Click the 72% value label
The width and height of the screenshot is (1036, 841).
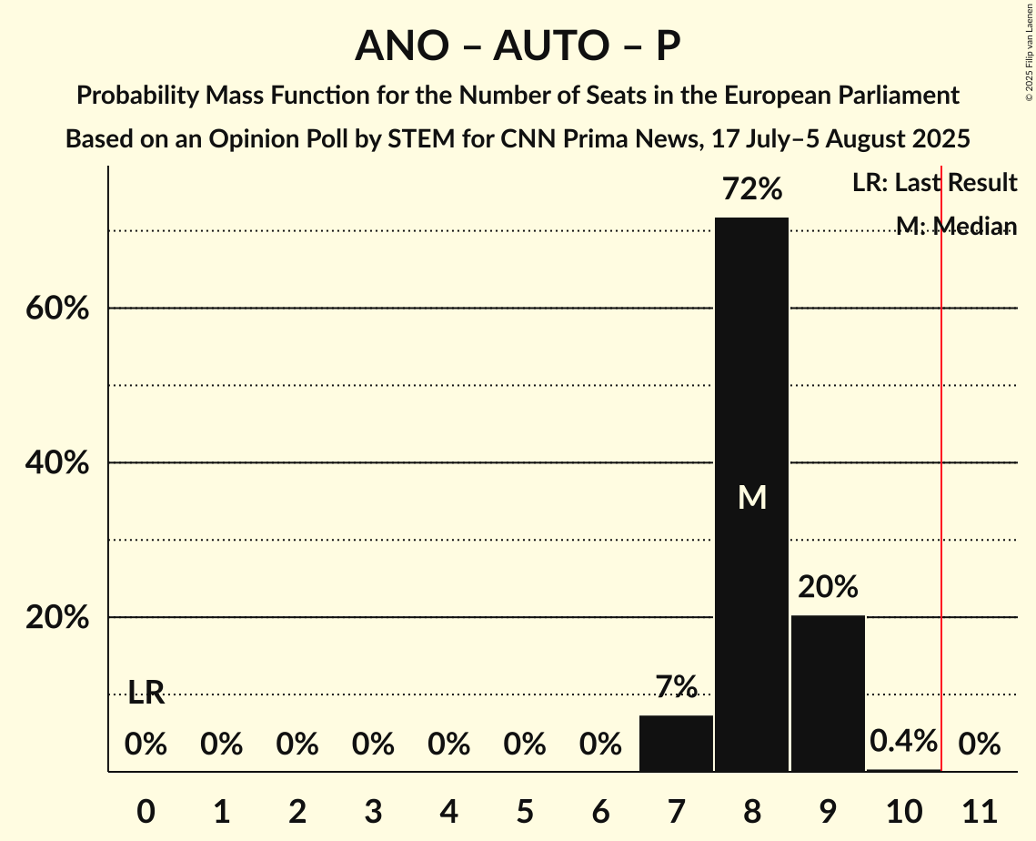(x=751, y=189)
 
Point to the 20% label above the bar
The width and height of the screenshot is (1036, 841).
(x=828, y=587)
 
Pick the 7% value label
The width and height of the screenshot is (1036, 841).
(x=676, y=686)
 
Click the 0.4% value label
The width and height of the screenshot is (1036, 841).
(x=903, y=741)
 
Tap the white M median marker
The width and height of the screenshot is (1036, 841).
(x=752, y=497)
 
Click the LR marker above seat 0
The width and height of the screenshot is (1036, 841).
(x=146, y=693)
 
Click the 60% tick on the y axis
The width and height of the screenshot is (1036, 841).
(x=56, y=309)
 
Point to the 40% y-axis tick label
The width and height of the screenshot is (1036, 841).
(x=56, y=463)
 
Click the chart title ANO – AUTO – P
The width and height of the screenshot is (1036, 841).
(x=518, y=46)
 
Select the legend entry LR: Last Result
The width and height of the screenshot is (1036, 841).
(x=934, y=182)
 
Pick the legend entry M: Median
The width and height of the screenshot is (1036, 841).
(x=956, y=226)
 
